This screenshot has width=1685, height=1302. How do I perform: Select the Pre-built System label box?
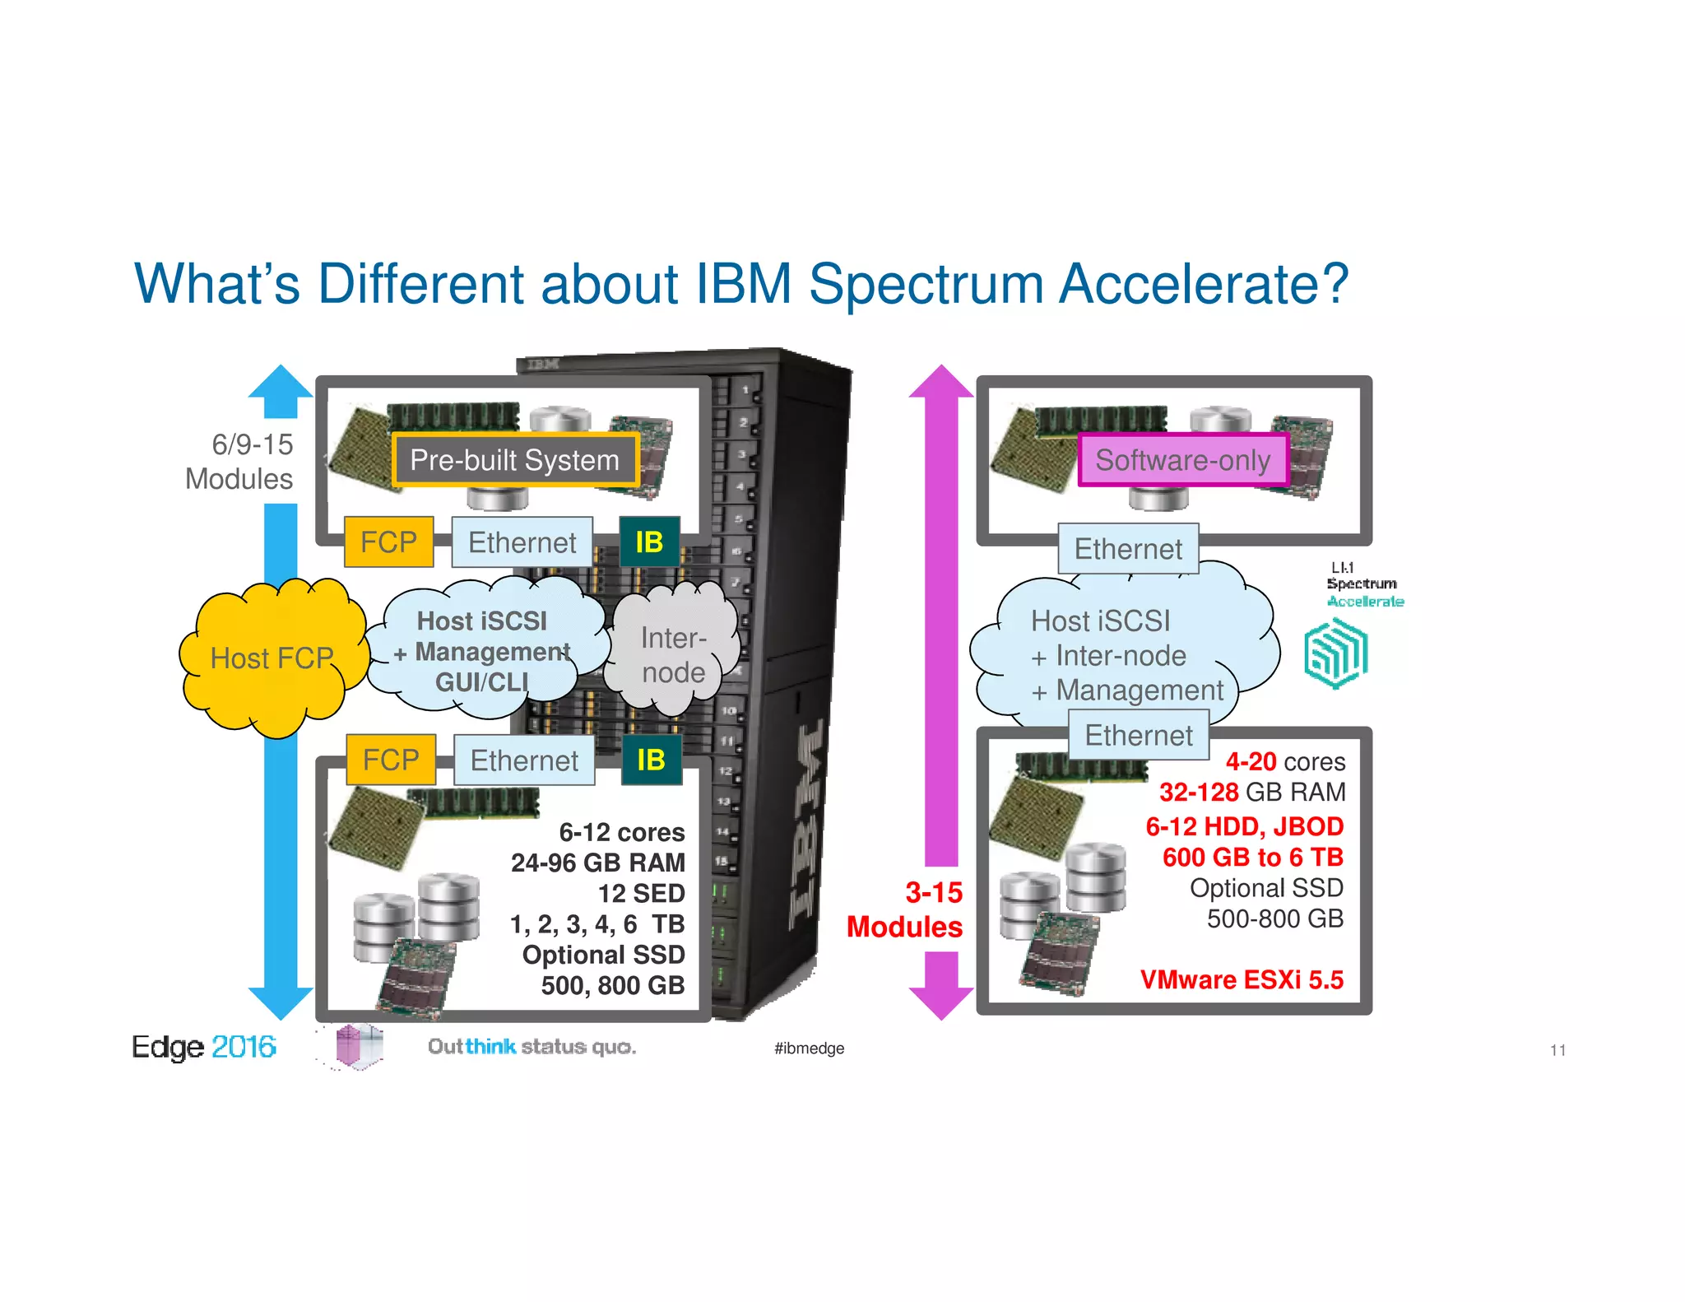tap(515, 460)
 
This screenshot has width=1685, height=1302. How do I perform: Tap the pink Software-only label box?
tap(1182, 460)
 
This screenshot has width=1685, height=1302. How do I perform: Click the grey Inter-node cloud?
tap(673, 655)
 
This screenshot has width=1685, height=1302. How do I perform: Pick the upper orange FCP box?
tap(388, 542)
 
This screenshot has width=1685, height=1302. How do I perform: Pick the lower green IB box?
tap(651, 760)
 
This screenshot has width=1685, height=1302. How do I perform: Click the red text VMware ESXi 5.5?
tap(1241, 979)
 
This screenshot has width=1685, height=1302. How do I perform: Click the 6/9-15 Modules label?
tap(239, 461)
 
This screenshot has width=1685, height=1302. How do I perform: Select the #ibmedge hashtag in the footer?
tap(809, 1048)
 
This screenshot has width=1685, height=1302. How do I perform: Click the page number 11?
tap(1557, 1049)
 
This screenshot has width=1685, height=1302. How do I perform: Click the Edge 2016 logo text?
tap(203, 1047)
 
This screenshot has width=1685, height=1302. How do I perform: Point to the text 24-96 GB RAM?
tap(597, 863)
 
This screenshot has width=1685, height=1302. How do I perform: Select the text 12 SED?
tap(641, 893)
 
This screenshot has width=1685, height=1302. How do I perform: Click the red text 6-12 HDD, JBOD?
tap(1244, 826)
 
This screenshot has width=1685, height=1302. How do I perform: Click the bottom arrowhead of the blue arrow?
tap(281, 1002)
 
